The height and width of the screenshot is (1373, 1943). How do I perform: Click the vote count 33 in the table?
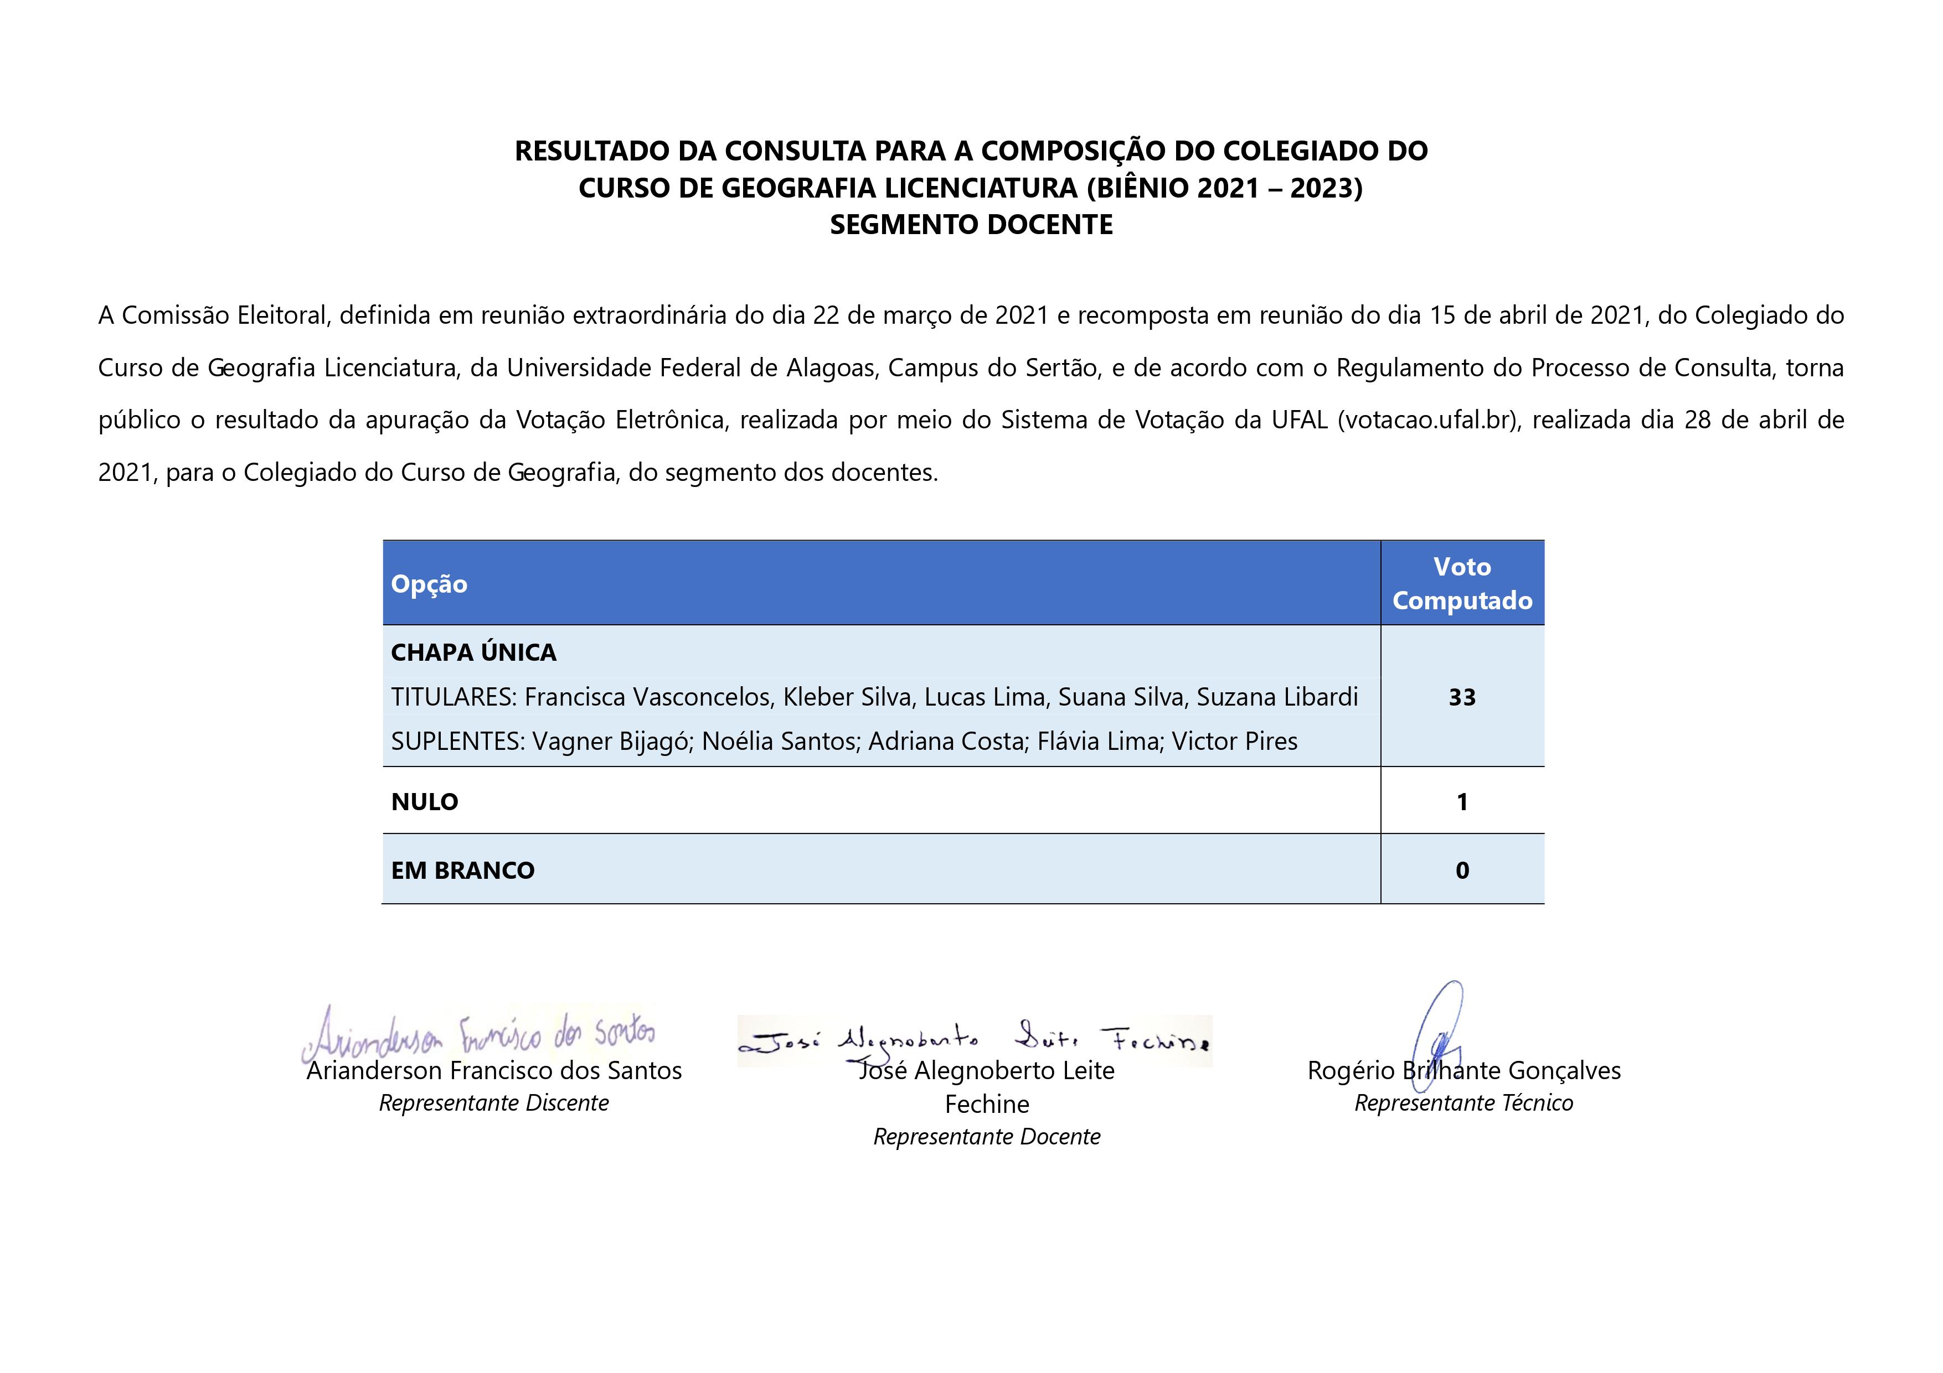pyautogui.click(x=1461, y=697)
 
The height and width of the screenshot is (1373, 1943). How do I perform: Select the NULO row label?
pyautogui.click(x=424, y=802)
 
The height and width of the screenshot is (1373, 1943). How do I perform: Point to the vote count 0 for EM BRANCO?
pyautogui.click(x=1461, y=871)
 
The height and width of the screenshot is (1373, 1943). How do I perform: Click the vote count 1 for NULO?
pyautogui.click(x=1461, y=802)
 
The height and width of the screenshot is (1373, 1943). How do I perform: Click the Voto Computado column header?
pyautogui.click(x=1461, y=584)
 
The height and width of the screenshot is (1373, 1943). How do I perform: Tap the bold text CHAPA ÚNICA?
pyautogui.click(x=473, y=652)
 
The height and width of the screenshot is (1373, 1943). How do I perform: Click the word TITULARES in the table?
pyautogui.click(x=453, y=697)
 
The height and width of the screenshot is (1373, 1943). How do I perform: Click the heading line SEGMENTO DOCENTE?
pyautogui.click(x=971, y=225)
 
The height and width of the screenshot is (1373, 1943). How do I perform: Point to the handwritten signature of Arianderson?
pyautogui.click(x=478, y=1034)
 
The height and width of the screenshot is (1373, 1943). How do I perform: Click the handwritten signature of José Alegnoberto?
pyautogui.click(x=973, y=1040)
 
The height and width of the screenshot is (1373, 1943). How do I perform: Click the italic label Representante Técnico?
pyautogui.click(x=1463, y=1103)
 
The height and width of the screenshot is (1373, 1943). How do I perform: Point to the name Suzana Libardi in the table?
pyautogui.click(x=1276, y=697)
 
